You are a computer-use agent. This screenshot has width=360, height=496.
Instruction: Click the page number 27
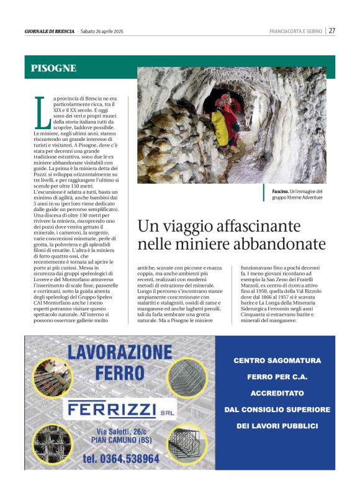pyautogui.click(x=332, y=30)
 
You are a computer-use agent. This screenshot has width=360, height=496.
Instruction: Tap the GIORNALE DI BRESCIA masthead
pyautogui.click(x=50, y=31)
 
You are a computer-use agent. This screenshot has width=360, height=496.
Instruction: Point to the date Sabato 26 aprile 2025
pyautogui.click(x=102, y=31)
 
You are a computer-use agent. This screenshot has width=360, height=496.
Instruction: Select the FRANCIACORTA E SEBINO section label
pyautogui.click(x=295, y=31)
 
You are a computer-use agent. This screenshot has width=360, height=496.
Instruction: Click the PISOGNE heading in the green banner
pyautogui.click(x=53, y=68)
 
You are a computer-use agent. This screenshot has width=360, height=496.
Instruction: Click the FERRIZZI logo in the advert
pyautogui.click(x=112, y=410)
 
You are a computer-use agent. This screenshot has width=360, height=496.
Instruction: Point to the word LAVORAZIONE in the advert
pyautogui.click(x=119, y=353)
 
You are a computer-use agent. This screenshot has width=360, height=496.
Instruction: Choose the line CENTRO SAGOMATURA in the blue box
pyautogui.click(x=277, y=360)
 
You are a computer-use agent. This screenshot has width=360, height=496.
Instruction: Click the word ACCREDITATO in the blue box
pyautogui.click(x=277, y=393)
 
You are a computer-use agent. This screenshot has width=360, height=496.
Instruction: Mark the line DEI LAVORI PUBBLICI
pyautogui.click(x=277, y=426)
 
